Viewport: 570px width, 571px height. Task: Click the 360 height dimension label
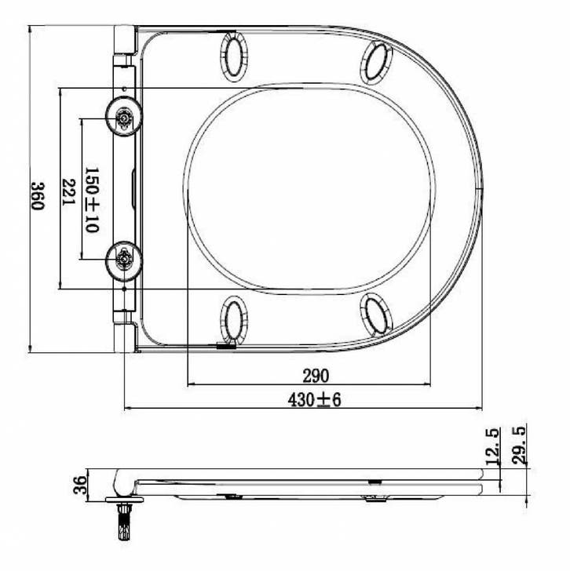pos(38,196)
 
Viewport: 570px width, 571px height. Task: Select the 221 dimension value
pos(68,192)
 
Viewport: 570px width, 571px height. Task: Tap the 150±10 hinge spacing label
pos(92,200)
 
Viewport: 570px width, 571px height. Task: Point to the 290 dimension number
pos(316,376)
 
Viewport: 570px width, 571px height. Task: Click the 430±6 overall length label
pos(314,400)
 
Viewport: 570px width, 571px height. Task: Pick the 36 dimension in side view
pos(81,485)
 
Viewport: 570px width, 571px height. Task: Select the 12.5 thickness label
pos(493,447)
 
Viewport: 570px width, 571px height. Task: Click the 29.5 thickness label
pos(519,446)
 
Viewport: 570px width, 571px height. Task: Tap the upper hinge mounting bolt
pos(124,117)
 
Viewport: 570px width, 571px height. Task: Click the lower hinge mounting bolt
pos(124,260)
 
